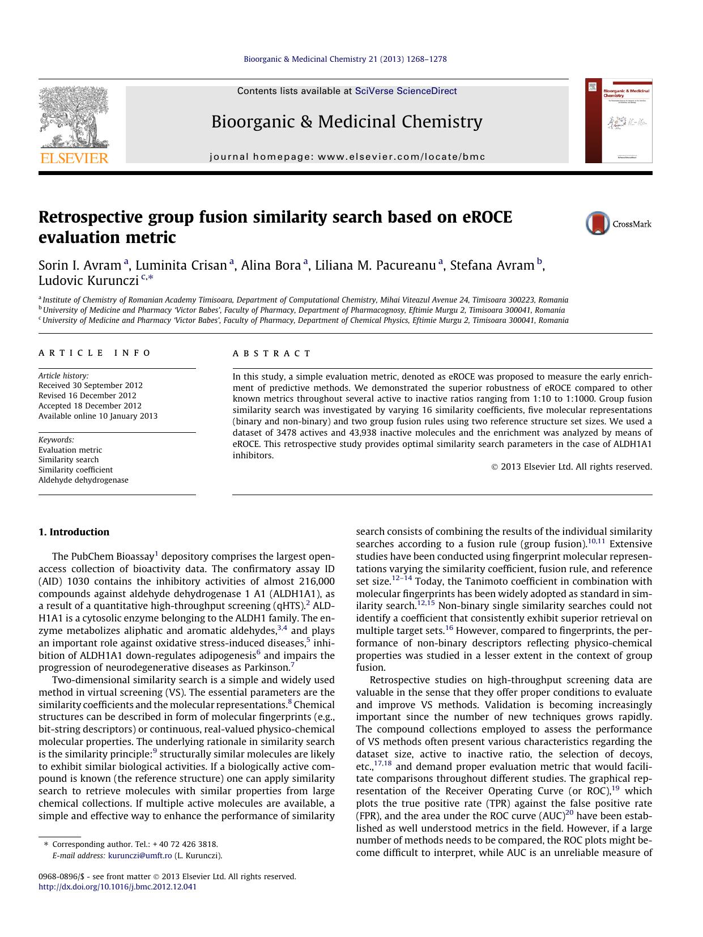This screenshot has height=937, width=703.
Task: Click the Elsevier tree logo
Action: pyautogui.click(x=74, y=119)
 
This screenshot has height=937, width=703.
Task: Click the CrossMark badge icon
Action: pyautogui.click(x=598, y=223)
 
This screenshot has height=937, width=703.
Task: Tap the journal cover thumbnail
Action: pyautogui.click(x=619, y=121)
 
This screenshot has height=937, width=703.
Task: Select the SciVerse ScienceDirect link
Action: pyautogui.click(x=406, y=91)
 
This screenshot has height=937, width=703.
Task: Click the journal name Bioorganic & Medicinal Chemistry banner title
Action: pyautogui.click(x=347, y=122)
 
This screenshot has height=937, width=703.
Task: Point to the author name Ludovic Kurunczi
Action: pyautogui.click(x=88, y=280)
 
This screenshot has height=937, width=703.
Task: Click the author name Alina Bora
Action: pyautogui.click(x=271, y=265)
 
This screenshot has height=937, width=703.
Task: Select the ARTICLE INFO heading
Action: pyautogui.click(x=95, y=353)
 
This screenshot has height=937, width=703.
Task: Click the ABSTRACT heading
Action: pyautogui.click(x=272, y=353)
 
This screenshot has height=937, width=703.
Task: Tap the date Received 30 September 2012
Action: pyautogui.click(x=91, y=386)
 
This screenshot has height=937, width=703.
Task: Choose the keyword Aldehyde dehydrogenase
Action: pyautogui.click(x=83, y=480)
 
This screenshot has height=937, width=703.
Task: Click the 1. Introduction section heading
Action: pyautogui.click(x=74, y=532)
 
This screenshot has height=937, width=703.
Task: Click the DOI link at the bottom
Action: pyautogui.click(x=117, y=887)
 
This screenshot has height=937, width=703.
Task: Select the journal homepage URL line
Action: pyautogui.click(x=347, y=157)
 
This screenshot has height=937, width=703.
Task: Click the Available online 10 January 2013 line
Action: pyautogui.click(x=98, y=416)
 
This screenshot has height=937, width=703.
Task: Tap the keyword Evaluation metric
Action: pyautogui.click(x=70, y=450)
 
